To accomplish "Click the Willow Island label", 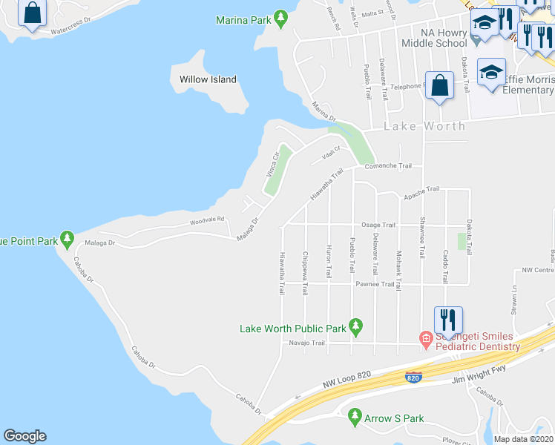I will pos(208,79).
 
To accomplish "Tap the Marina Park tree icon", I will pos(280,18).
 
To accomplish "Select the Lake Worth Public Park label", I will pos(293,328).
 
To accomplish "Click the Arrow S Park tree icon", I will pos(355,418).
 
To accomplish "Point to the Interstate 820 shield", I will pos(414,378).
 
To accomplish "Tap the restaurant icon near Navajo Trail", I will pos(448,320).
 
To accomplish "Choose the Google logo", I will pos(24,436).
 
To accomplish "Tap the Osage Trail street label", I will pos(378,225).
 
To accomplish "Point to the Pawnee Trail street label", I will pos(375,284).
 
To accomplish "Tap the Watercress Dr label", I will pos(79,32).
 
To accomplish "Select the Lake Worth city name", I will pos(424,126).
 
